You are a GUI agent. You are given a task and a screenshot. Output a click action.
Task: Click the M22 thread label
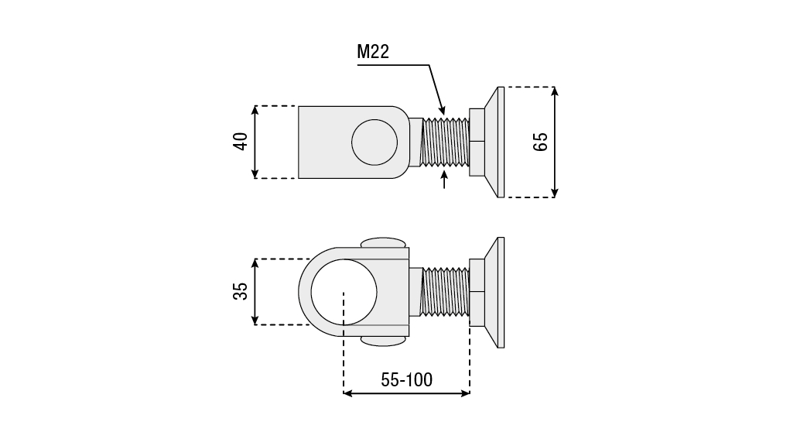point(372,53)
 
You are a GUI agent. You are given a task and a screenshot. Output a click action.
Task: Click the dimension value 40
point(240,142)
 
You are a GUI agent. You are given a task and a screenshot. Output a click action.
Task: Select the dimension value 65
point(540,142)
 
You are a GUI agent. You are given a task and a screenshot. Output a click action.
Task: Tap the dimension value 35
point(240,291)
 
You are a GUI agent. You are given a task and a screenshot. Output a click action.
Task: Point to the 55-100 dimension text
point(406,379)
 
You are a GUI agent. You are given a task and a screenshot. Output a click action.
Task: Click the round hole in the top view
point(374,142)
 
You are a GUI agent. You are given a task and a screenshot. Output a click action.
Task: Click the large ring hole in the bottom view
point(344,292)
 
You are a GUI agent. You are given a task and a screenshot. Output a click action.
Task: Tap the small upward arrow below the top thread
point(444,180)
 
